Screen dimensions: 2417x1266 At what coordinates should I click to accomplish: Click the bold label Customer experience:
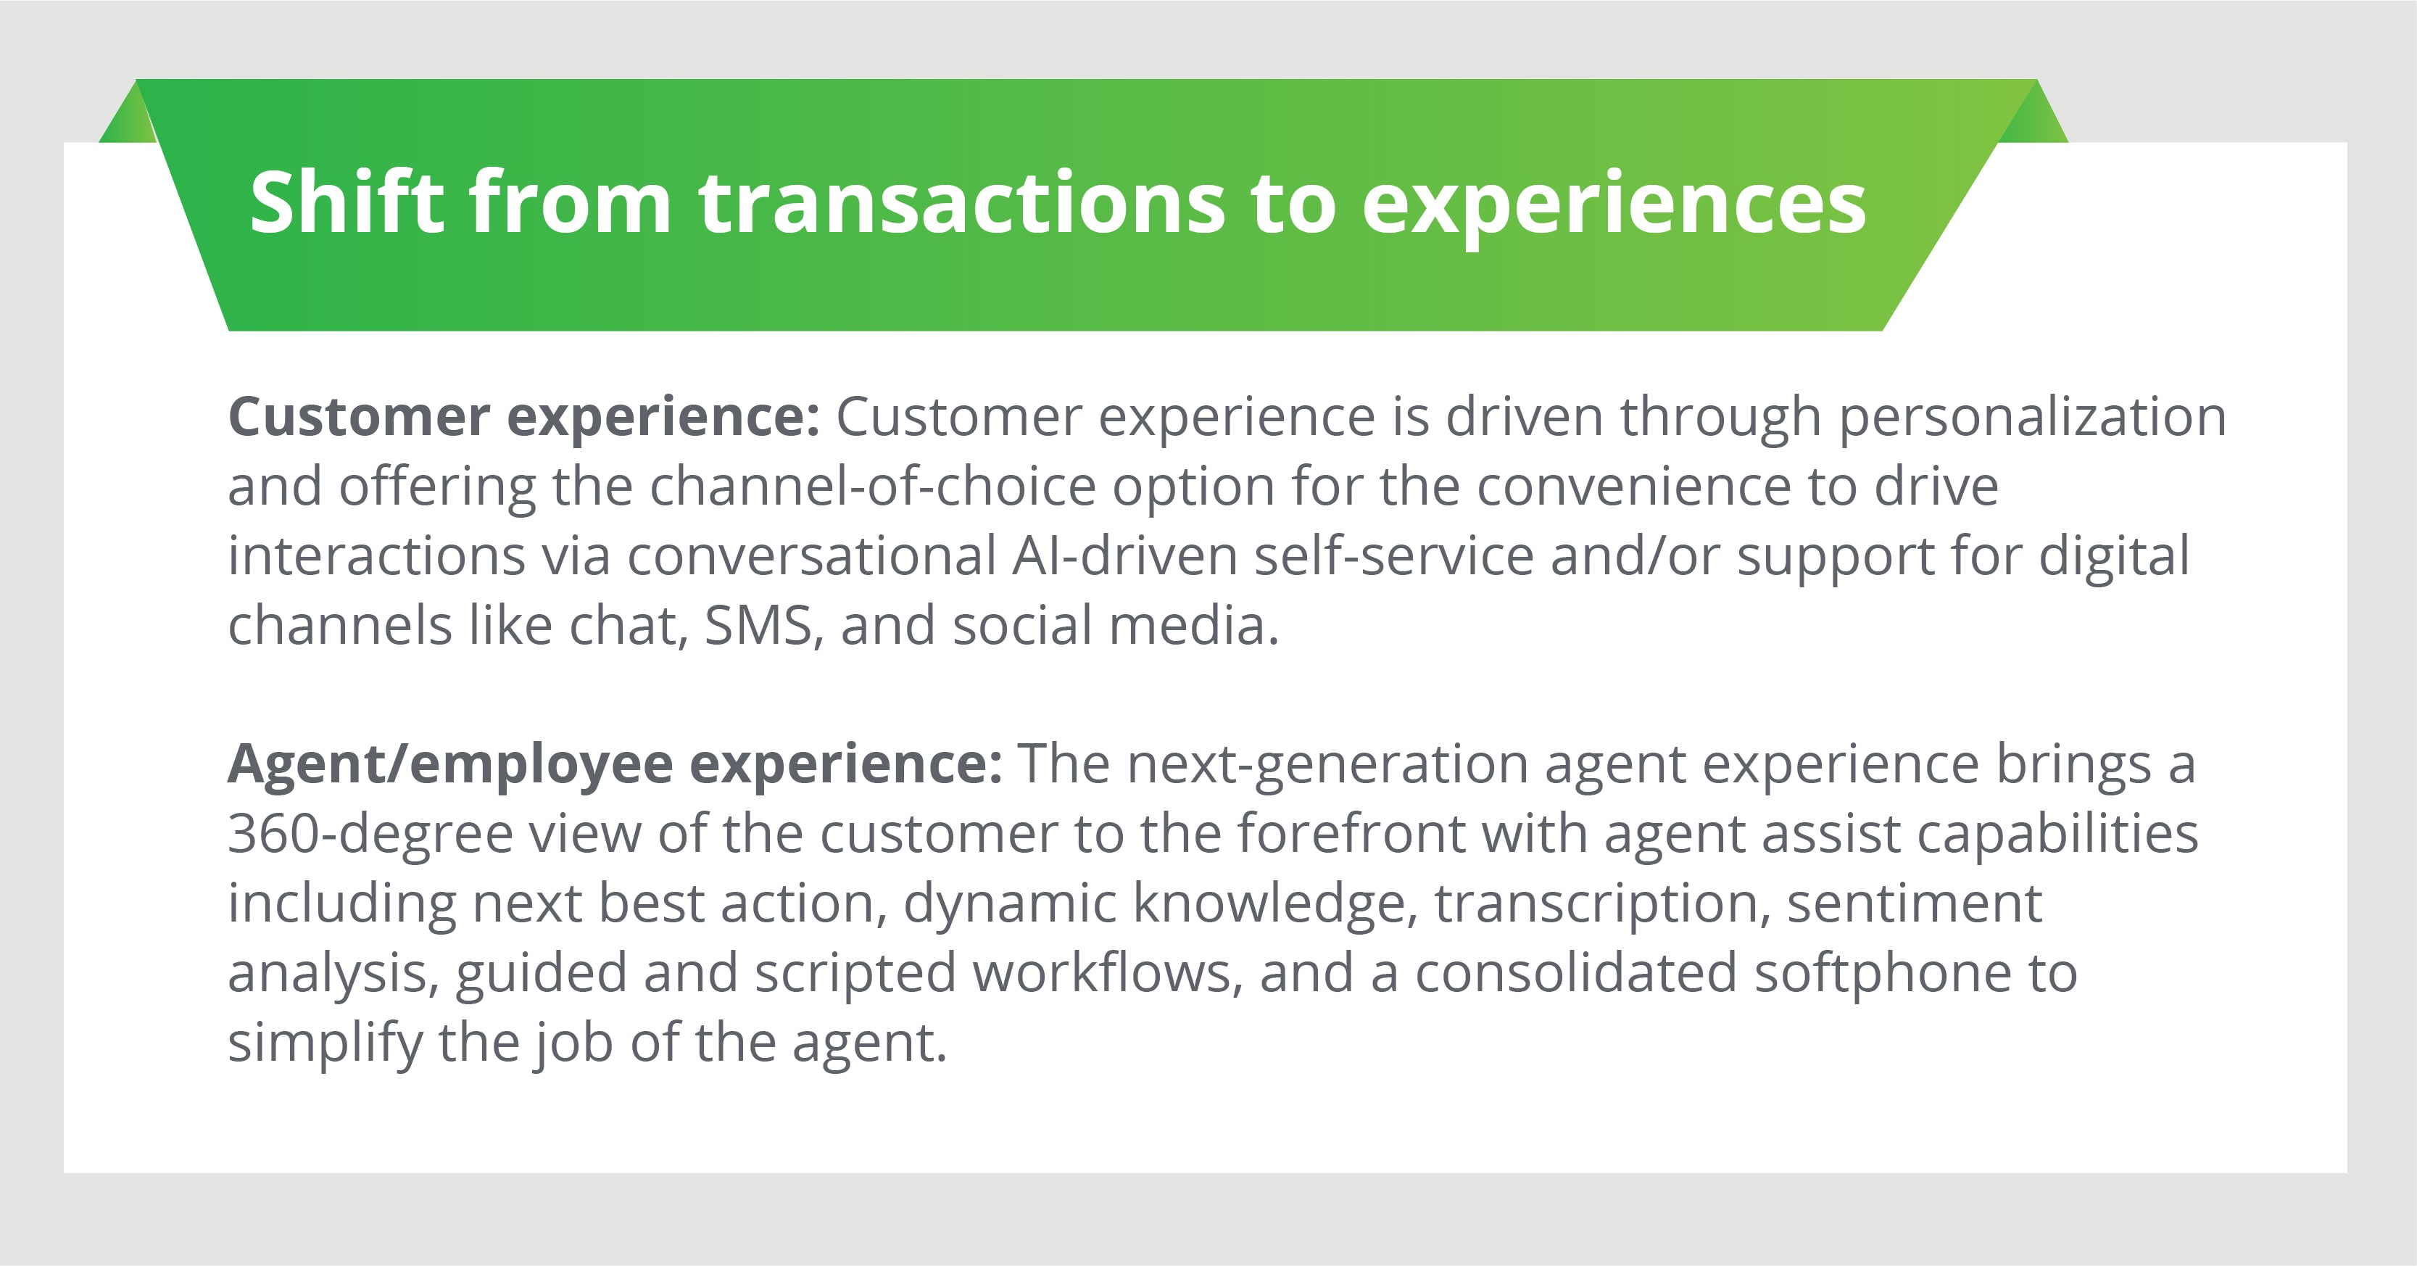[524, 418]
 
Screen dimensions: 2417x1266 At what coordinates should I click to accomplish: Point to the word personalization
[2032, 418]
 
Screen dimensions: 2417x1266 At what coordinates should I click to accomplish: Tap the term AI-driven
[1125, 555]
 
